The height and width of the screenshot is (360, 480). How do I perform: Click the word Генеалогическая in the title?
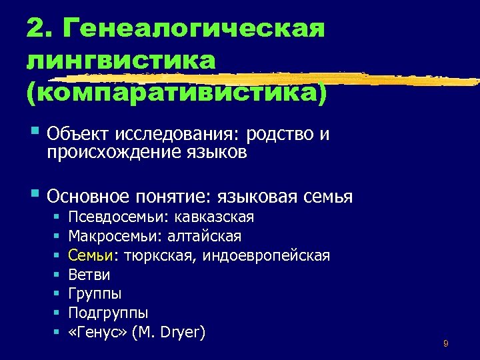coord(193,30)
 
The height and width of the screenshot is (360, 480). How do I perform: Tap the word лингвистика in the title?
coord(121,61)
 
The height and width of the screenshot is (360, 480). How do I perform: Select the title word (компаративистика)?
coord(177,92)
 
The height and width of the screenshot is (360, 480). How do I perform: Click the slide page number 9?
coord(445,344)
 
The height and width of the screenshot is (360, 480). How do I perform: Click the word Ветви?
coord(89,275)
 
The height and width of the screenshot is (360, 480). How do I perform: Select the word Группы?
coord(95,293)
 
